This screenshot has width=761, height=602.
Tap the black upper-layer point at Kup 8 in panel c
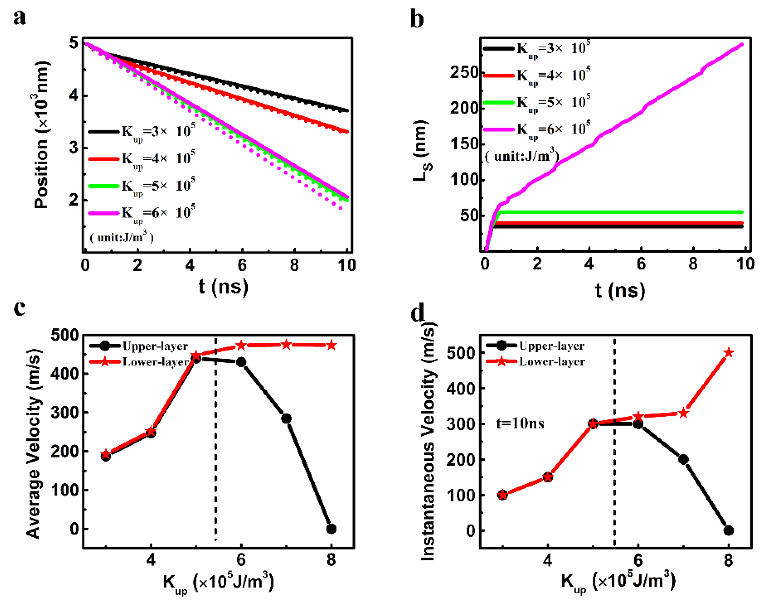[331, 529]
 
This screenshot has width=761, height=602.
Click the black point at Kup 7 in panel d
[683, 460]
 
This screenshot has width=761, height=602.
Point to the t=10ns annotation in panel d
[520, 423]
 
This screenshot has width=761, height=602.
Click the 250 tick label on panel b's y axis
[464, 73]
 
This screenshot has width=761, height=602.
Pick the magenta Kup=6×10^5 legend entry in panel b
[536, 130]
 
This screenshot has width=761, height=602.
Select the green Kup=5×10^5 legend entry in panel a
[141, 186]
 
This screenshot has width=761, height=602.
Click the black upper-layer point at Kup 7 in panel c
[286, 418]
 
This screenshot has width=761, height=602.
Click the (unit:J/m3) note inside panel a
[122, 237]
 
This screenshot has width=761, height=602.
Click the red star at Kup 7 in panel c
[286, 345]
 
